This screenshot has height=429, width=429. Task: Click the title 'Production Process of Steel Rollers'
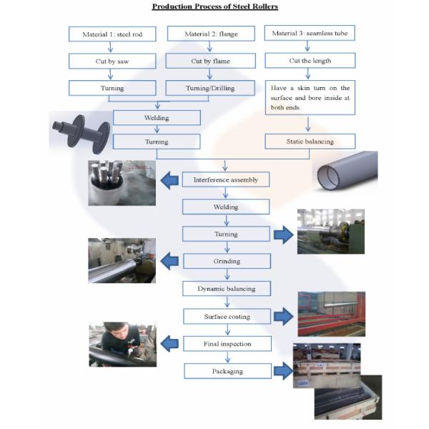(214, 7)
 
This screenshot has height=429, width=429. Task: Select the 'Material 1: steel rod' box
(112, 34)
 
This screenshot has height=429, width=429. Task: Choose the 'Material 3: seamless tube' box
(310, 34)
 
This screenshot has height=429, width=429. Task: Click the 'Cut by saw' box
(112, 61)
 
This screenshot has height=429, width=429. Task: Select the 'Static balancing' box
(310, 142)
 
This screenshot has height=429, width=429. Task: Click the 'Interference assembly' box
(226, 179)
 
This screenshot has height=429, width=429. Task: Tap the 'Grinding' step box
(226, 261)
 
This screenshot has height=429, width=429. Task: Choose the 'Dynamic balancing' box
(226, 289)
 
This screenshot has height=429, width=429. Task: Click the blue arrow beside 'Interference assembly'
(169, 179)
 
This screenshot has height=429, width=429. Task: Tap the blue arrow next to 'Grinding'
(169, 261)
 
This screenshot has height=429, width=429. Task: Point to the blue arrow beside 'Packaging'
(284, 370)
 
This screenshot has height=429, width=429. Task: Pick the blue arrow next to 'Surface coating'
(284, 316)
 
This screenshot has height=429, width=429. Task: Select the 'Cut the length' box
(310, 61)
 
